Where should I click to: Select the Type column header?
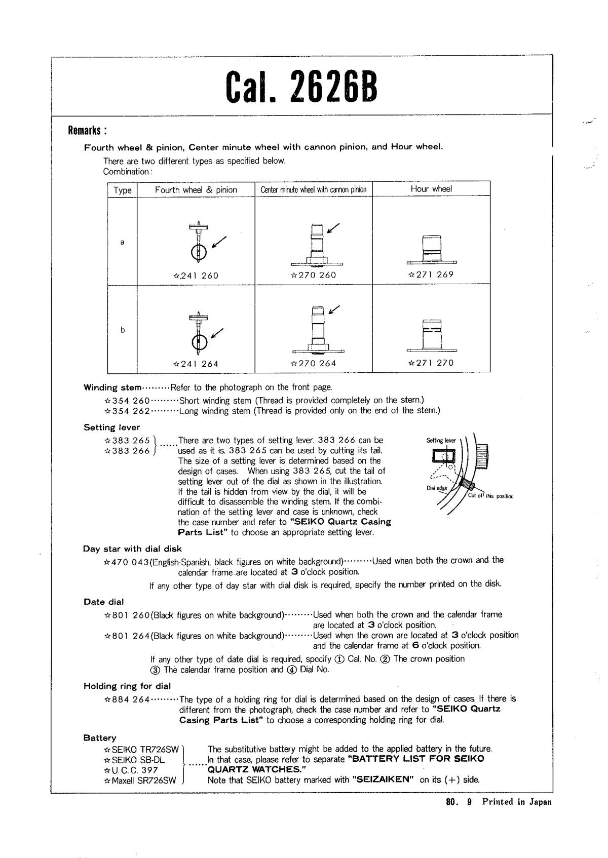122,190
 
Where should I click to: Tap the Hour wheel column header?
431,189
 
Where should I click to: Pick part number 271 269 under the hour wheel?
431,275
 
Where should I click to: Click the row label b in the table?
122,330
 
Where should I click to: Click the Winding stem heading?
112,388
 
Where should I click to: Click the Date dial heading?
104,602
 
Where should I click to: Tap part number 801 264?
127,636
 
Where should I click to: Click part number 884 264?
127,699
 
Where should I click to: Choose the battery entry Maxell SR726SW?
140,781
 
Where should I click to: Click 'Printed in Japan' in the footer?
516,802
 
